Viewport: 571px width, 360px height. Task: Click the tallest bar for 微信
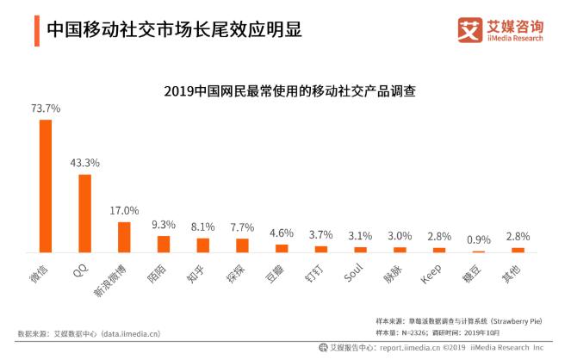click(46, 185)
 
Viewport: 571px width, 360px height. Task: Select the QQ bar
click(84, 213)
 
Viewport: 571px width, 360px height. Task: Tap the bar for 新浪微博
click(124, 236)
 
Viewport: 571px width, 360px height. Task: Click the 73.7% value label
click(45, 109)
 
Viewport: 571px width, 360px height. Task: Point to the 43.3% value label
click(84, 163)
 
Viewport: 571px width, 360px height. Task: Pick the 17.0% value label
click(124, 210)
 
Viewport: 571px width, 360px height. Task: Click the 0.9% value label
click(479, 239)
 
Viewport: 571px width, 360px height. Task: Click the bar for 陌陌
click(164, 244)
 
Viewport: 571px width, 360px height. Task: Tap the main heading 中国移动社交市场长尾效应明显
click(173, 29)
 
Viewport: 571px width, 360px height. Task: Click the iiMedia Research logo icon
click(470, 28)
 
